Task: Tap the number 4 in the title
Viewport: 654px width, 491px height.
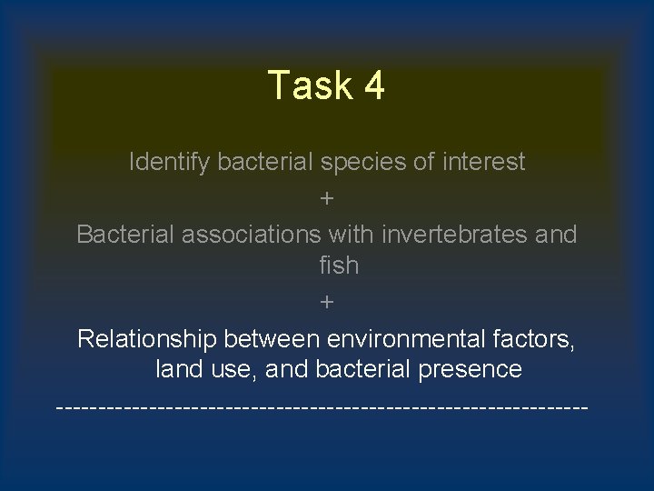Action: click(x=373, y=86)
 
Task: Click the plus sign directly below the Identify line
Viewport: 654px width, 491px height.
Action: click(x=327, y=197)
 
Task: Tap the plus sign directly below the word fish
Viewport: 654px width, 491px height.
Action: click(x=327, y=301)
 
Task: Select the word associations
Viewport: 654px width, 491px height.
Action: click(x=252, y=234)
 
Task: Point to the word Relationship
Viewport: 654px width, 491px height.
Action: click(x=147, y=339)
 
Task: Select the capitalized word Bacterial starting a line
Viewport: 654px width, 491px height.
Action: click(x=126, y=234)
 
